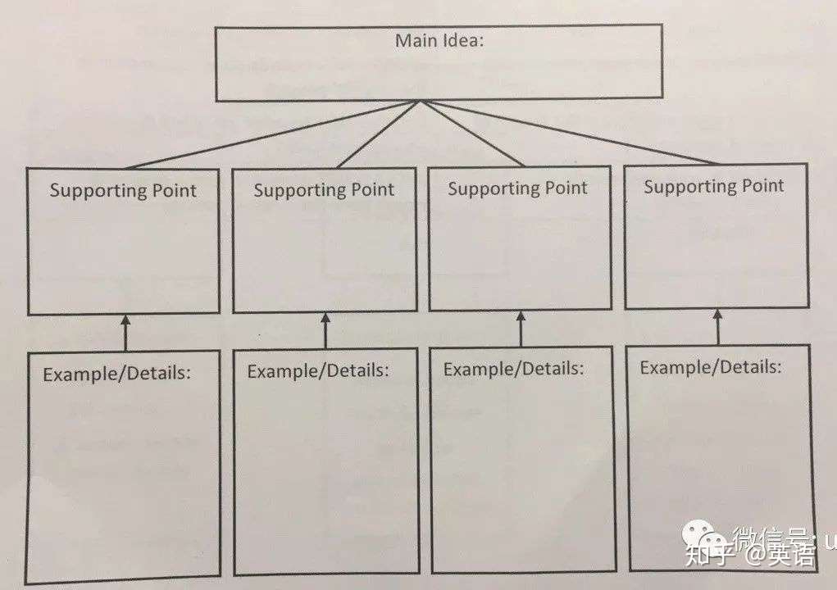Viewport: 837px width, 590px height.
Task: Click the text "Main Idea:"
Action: pos(439,40)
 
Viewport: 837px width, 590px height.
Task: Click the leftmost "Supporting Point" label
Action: pos(123,191)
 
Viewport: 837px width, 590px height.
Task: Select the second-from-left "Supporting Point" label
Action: pos(324,190)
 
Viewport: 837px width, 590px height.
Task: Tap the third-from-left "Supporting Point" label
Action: pos(517,188)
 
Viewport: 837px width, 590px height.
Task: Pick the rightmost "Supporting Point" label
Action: pos(713,187)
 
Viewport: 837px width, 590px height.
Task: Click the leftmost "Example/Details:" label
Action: pos(116,374)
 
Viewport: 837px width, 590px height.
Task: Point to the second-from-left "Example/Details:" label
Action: pos(318,370)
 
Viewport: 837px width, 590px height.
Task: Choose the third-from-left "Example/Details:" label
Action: pos(514,369)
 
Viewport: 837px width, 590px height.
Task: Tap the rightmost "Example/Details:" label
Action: pos(711,366)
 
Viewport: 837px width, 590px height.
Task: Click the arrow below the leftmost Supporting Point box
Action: pos(125,332)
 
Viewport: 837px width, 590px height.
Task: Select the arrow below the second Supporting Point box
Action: pos(325,330)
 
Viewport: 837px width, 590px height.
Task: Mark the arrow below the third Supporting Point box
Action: pos(521,328)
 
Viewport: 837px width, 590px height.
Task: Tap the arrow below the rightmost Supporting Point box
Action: pos(718,326)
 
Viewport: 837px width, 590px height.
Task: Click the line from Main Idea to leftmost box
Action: pos(271,135)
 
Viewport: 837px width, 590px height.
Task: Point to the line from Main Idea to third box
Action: pos(471,133)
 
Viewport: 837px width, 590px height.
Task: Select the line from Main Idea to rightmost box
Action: pos(574,133)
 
